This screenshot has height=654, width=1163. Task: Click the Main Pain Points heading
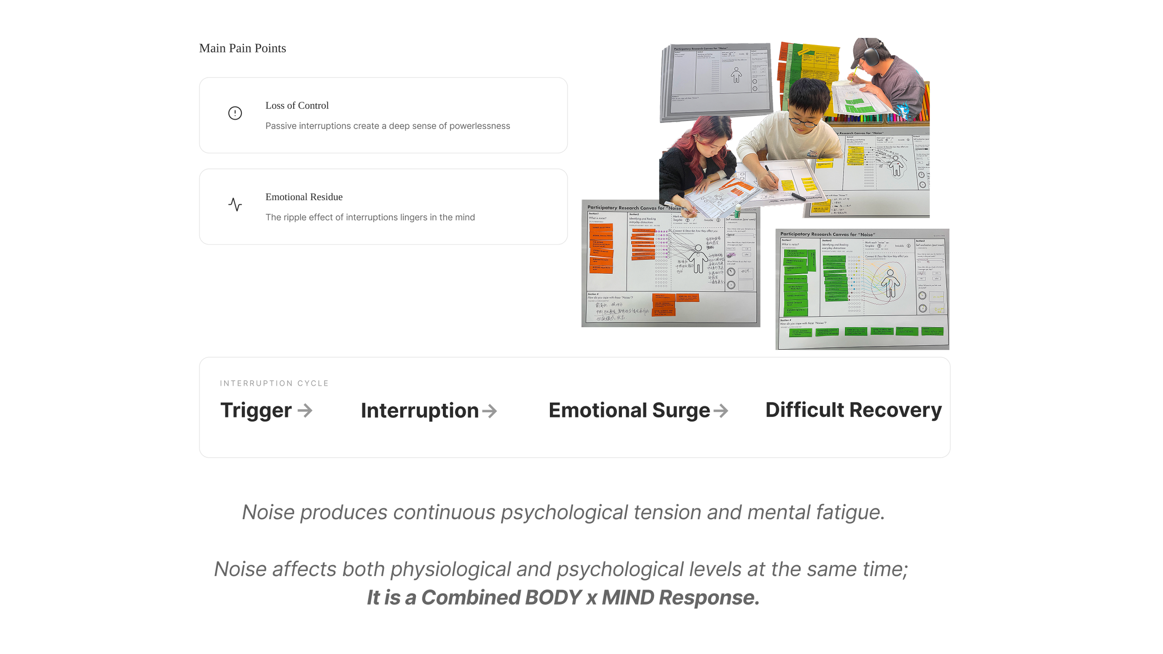[x=242, y=48]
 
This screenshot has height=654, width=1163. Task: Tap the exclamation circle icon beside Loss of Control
[x=235, y=113]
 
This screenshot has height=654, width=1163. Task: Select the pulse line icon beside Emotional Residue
[x=235, y=205]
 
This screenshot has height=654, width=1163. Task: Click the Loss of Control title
[x=297, y=106]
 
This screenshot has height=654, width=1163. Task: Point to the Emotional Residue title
[x=304, y=197]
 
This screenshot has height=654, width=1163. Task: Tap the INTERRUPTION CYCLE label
[x=274, y=383]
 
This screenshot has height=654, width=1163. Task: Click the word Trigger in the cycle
[x=256, y=410]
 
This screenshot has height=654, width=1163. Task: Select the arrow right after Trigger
[x=305, y=410]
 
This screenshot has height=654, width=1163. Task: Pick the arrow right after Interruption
[x=489, y=411]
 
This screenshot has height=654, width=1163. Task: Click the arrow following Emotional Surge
[x=721, y=411]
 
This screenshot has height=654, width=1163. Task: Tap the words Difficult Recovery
[x=853, y=410]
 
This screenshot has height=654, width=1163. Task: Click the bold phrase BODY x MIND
[x=589, y=598]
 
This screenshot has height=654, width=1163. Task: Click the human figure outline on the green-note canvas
[x=890, y=283]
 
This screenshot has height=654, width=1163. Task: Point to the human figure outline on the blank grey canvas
[x=736, y=75]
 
